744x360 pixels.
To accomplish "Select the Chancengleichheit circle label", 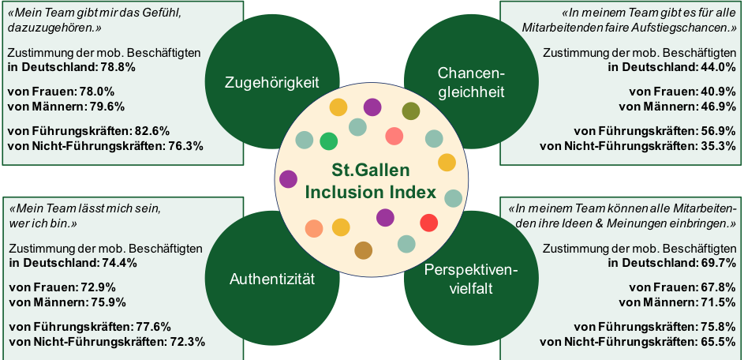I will pos(471,81).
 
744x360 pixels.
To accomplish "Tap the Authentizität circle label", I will pos(271,279).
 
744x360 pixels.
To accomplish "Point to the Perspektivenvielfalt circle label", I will pos(470,279).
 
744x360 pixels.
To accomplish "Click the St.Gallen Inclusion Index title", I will pos(370,181).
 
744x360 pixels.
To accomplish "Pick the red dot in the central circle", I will pos(428,223).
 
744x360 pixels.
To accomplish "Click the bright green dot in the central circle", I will pos(328,141).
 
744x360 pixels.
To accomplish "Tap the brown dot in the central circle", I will pos(363,250).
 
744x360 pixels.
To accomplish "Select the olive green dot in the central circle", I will pos(410,111).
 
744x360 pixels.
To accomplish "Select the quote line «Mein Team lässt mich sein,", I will pos(84,209).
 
